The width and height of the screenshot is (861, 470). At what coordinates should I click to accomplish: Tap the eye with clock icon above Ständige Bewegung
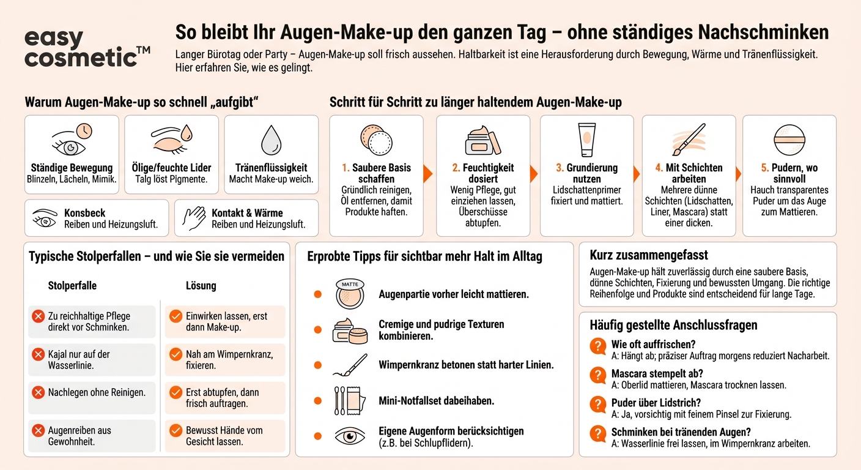coord(72,140)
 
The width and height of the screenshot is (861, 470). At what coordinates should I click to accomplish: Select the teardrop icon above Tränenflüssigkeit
coord(271,140)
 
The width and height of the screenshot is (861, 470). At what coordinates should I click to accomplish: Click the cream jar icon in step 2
coord(482,141)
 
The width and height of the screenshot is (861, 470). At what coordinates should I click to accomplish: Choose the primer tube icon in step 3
coord(586,140)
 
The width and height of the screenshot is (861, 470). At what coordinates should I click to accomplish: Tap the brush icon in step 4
coord(689,140)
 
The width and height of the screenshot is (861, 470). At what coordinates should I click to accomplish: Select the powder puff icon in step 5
coord(789,140)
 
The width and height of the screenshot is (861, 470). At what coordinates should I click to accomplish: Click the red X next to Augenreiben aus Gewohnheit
coord(38,431)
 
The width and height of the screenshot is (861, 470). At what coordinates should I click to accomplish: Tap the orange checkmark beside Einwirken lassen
coord(176,316)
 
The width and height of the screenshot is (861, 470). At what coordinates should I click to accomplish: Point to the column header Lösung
coord(201,286)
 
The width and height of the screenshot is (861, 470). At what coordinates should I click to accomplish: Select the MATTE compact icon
coord(350,294)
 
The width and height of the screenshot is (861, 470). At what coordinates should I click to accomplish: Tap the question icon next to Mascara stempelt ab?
coord(597,375)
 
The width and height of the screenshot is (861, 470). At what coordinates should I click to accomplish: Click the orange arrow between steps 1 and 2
coord(428,174)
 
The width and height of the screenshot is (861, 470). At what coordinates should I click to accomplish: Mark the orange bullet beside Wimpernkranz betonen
coord(317,365)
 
